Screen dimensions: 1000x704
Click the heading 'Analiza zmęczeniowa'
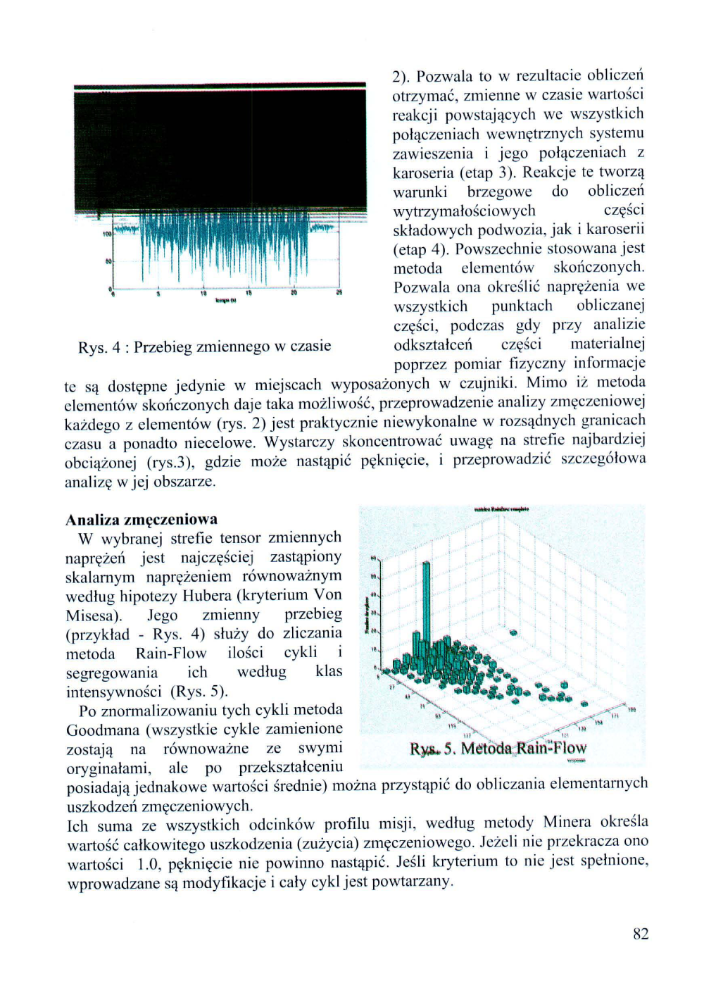pyautogui.click(x=141, y=520)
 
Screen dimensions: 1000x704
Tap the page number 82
pyautogui.click(x=640, y=934)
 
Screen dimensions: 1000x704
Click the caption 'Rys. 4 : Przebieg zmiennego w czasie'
pyautogui.click(x=204, y=346)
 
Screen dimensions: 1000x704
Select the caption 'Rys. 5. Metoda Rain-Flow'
pyautogui.click(x=498, y=748)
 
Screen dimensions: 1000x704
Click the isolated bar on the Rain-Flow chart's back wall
pyautogui.click(x=513, y=633)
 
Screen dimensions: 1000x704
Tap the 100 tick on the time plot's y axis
pyautogui.click(x=107, y=233)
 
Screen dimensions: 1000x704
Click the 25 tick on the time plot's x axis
pyautogui.click(x=339, y=293)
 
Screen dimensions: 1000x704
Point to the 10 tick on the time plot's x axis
pyautogui.click(x=203, y=293)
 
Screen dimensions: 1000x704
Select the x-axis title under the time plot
pyautogui.click(x=225, y=301)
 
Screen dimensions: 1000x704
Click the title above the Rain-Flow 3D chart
pyautogui.click(x=501, y=508)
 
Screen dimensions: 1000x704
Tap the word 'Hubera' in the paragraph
pyautogui.click(x=206, y=596)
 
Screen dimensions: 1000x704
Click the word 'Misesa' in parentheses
pyautogui.click(x=92, y=615)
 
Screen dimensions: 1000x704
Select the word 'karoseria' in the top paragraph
pyautogui.click(x=422, y=173)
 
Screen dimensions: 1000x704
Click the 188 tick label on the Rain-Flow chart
pyautogui.click(x=631, y=709)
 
